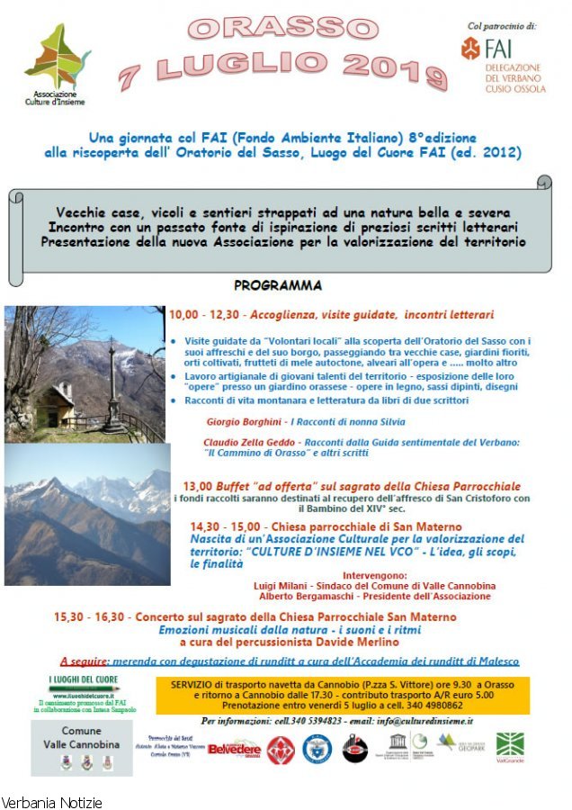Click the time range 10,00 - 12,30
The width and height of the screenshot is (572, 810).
pyautogui.click(x=205, y=315)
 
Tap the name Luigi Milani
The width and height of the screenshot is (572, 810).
pyautogui.click(x=289, y=585)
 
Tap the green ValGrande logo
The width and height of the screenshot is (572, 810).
pyautogui.click(x=510, y=746)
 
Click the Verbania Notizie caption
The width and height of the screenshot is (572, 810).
pyautogui.click(x=52, y=802)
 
